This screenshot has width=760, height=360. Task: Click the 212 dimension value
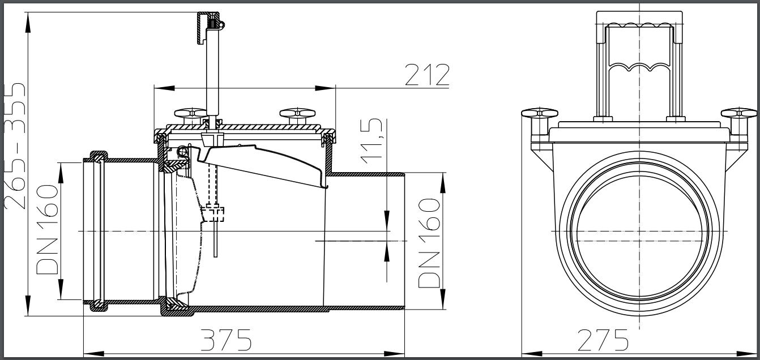[x=427, y=75]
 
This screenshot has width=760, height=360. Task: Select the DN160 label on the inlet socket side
[x=48, y=229]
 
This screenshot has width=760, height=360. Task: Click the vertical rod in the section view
[x=212, y=74]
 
